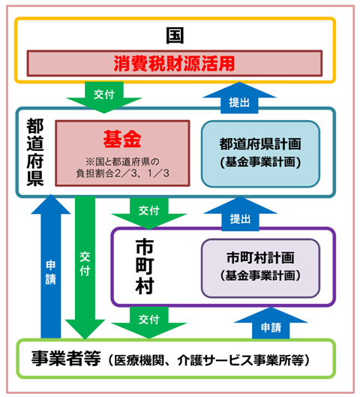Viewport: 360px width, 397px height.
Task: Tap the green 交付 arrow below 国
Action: [x=104, y=95]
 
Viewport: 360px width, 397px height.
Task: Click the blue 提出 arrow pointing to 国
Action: [x=239, y=95]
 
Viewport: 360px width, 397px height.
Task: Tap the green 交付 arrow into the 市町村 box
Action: [x=148, y=212]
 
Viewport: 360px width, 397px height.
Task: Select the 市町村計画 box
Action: [x=260, y=266]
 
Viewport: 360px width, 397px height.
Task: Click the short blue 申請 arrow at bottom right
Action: [x=271, y=324]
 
